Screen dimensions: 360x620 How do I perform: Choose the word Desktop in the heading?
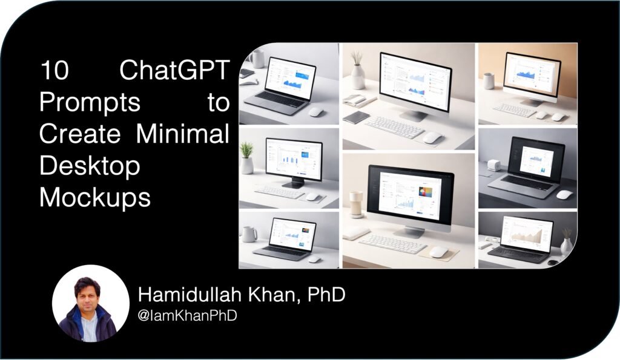point(89,165)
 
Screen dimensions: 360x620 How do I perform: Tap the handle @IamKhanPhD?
point(187,316)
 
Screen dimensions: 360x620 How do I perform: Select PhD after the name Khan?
point(326,296)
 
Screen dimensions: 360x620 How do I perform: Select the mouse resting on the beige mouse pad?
point(438,251)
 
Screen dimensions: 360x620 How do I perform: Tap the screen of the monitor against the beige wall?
point(532,76)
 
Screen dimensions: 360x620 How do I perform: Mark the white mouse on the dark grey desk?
point(564,194)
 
